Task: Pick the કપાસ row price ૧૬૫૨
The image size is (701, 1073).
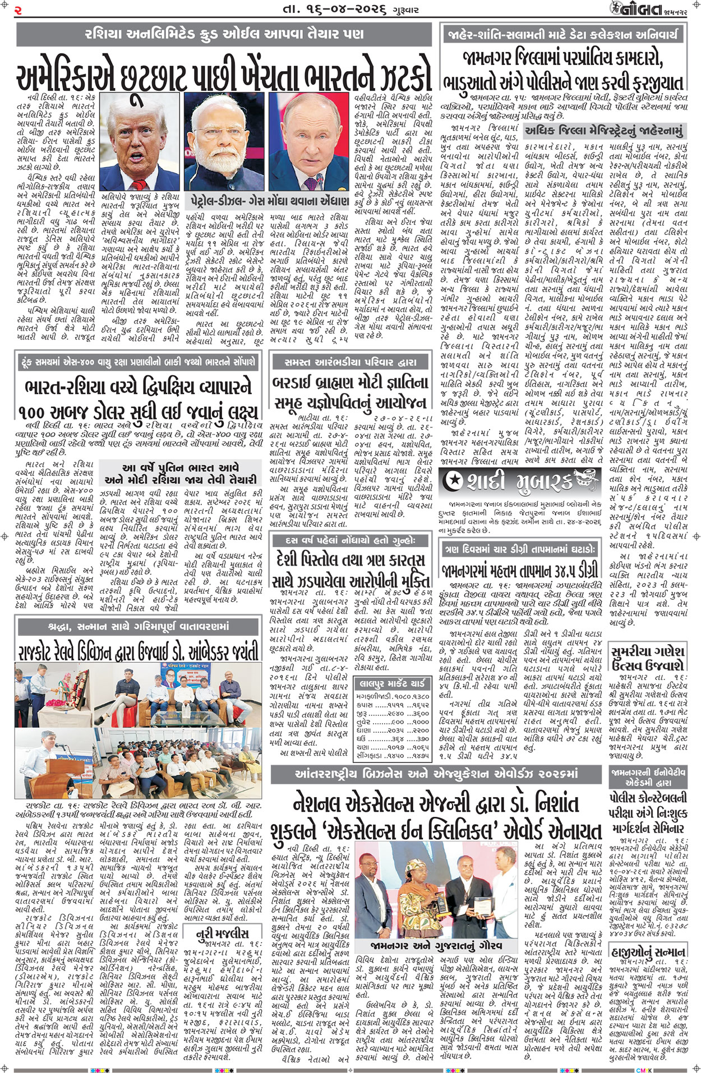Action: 418,704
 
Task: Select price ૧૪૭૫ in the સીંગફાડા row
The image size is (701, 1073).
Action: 418,755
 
